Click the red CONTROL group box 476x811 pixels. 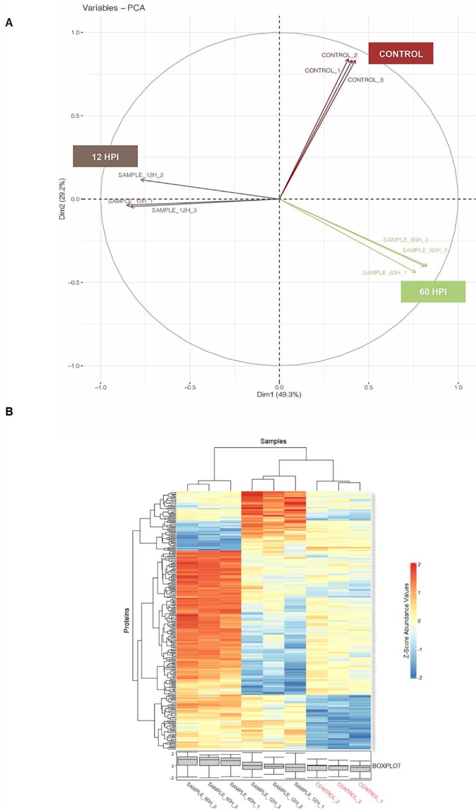point(401,54)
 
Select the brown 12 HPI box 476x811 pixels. point(105,156)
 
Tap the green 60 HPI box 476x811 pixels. point(433,292)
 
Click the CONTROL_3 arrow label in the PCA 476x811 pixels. point(365,80)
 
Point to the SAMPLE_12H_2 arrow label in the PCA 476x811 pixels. point(141,175)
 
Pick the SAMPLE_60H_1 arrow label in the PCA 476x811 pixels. point(384,273)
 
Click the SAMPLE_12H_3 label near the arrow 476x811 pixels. point(174,210)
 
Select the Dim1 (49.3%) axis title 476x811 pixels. point(279,394)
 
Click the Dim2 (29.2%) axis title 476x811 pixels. point(63,199)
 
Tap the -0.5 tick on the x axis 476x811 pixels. point(190,387)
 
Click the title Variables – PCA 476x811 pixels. point(114,8)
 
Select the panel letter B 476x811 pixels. point(9,411)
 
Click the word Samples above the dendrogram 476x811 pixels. point(273,441)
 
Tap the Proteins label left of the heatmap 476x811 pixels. point(126,620)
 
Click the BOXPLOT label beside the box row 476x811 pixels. point(386,766)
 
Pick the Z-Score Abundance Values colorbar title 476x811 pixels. point(406,621)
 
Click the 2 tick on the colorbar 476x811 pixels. point(419,565)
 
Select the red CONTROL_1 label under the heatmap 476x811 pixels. point(370,792)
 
